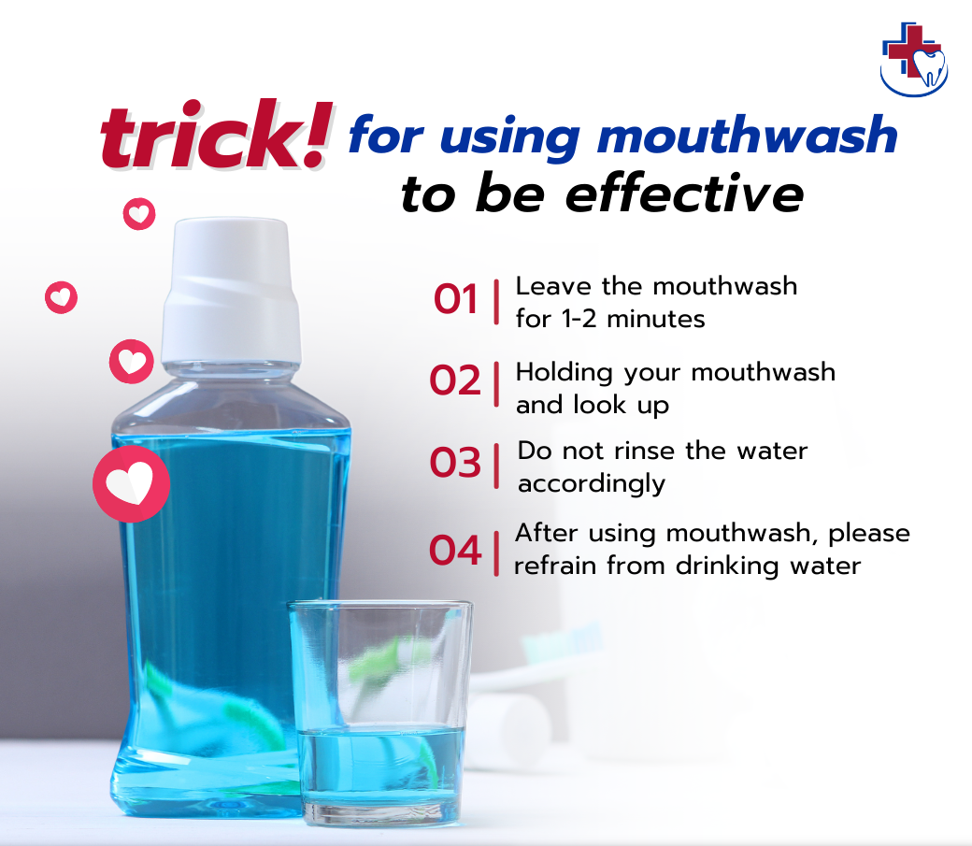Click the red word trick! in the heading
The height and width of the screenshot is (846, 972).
point(215,137)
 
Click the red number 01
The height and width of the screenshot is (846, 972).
point(455,300)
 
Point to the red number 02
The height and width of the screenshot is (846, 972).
point(455,381)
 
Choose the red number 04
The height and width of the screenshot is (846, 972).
point(455,551)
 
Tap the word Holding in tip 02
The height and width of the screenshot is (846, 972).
point(565,372)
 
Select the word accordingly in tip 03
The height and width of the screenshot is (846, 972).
point(592,484)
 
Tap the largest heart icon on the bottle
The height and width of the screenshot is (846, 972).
point(131,484)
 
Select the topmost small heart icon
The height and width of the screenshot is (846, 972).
point(139,214)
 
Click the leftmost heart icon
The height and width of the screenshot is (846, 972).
point(62,298)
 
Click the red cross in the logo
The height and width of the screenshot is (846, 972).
point(906,49)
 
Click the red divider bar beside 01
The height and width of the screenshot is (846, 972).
point(495,300)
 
